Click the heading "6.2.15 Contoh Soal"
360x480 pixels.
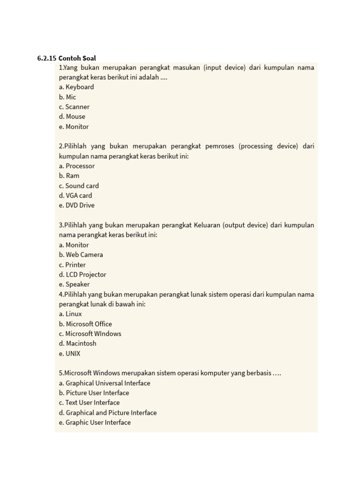[67, 58]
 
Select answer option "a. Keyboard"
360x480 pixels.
[76, 87]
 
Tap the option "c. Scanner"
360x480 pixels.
[74, 107]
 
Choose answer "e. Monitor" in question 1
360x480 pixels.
[74, 127]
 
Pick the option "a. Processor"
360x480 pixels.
[77, 166]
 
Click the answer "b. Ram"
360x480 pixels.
[69, 176]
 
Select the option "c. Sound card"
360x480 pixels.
[79, 186]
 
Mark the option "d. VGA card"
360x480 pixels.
[75, 195]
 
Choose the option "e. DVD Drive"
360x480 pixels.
[77, 205]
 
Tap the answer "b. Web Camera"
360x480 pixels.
[81, 255]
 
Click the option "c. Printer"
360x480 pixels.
[72, 265]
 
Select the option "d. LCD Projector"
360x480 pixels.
[82, 275]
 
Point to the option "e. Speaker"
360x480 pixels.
[74, 285]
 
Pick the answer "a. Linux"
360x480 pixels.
[70, 314]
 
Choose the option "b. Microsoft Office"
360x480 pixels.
[85, 324]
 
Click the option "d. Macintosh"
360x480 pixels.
[78, 344]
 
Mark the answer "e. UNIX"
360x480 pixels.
[70, 354]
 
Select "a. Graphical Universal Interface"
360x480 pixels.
[105, 383]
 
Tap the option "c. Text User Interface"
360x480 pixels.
[89, 403]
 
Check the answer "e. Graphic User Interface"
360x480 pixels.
[95, 422]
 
